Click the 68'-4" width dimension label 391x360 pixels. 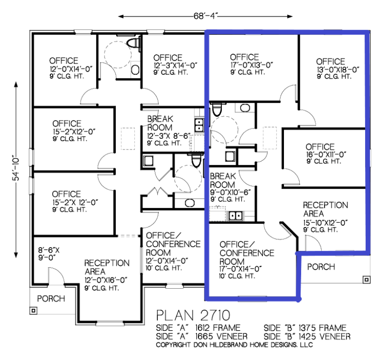[205, 16]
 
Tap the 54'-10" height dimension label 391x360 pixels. [16, 169]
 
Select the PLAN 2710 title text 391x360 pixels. [193, 316]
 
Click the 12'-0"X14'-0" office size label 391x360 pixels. [71, 69]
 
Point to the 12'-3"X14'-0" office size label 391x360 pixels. [175, 65]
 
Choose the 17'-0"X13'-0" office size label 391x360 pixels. [251, 65]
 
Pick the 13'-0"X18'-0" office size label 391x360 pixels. [338, 69]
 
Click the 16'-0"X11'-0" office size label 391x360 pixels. [326, 154]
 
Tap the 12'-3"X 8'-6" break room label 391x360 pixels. [169, 136]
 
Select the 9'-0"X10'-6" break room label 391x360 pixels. [230, 192]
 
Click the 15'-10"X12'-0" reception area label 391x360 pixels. [326, 222]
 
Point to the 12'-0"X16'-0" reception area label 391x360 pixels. [106, 280]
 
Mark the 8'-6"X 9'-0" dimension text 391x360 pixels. [48, 254]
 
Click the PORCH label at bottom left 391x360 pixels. [51, 298]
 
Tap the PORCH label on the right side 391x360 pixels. [321, 267]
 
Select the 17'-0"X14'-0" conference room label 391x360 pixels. [240, 269]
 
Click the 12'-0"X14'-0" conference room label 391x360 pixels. [167, 261]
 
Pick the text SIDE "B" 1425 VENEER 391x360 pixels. [307, 337]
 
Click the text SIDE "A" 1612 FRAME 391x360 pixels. [198, 328]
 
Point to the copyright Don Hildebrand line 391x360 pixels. [235, 345]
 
